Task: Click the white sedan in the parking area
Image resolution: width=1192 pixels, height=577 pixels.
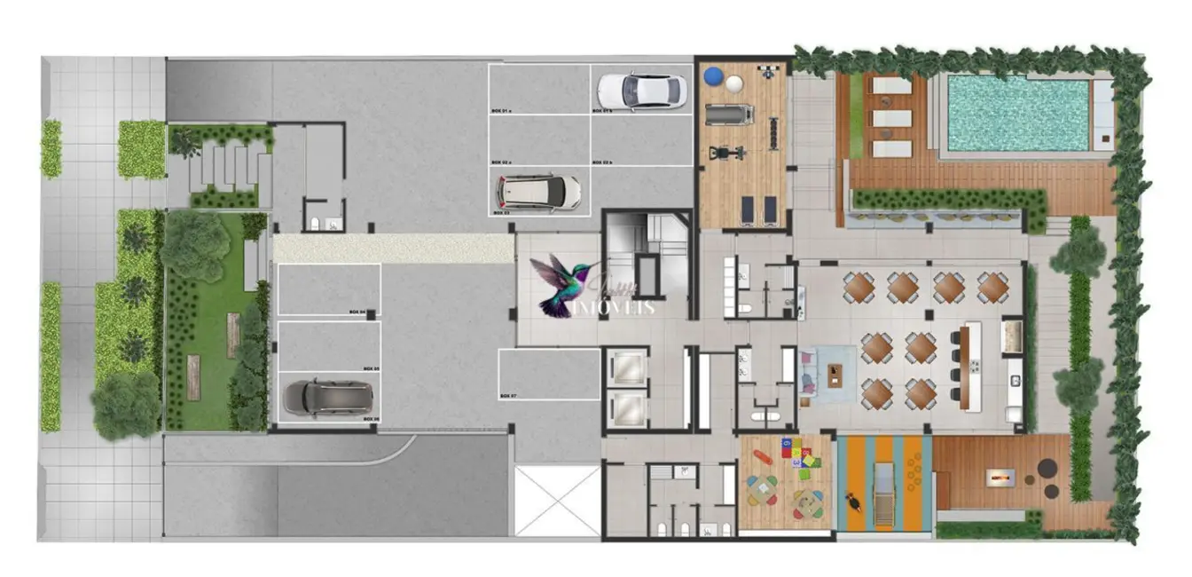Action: tap(641, 89)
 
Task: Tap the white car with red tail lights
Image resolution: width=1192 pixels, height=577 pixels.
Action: tap(538, 191)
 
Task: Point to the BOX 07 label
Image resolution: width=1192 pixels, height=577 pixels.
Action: tap(507, 394)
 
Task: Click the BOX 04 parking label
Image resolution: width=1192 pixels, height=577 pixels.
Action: tap(358, 312)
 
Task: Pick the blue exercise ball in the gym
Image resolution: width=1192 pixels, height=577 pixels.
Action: tap(714, 76)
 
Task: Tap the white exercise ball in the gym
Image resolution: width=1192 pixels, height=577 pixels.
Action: tap(736, 83)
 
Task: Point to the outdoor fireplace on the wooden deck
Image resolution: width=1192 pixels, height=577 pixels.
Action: tap(1000, 478)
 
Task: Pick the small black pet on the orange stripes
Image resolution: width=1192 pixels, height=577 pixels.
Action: tap(854, 502)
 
